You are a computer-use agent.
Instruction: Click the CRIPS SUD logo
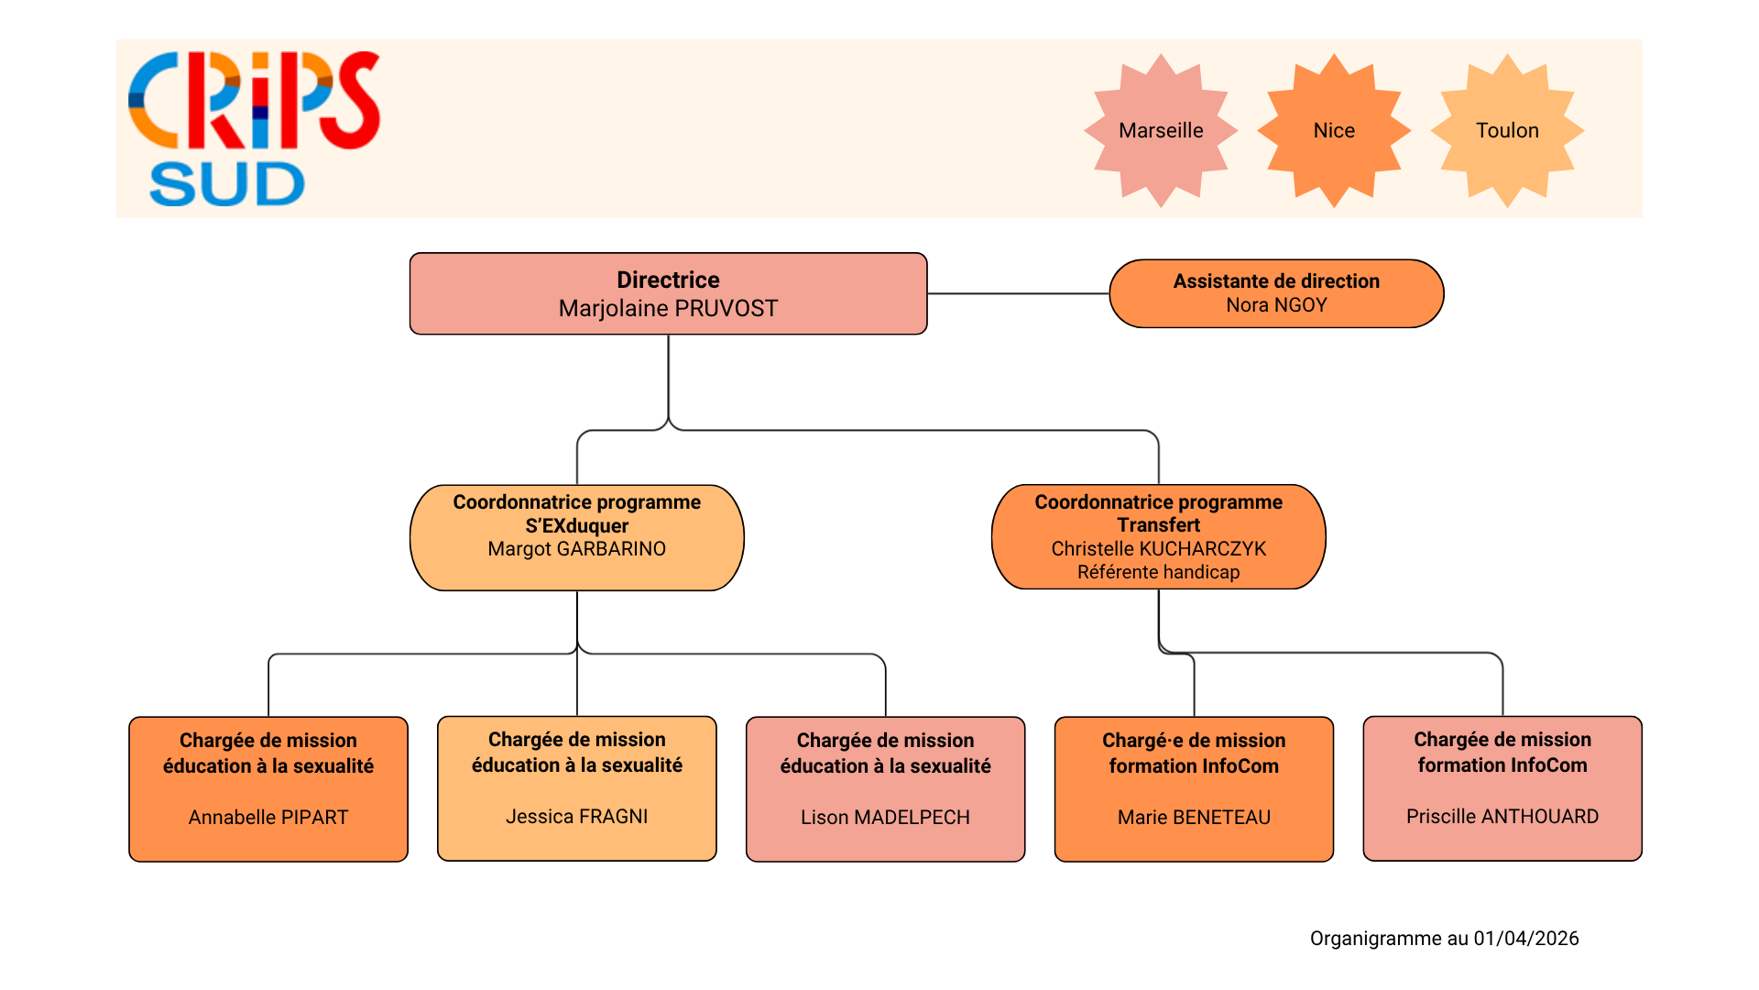click(x=254, y=128)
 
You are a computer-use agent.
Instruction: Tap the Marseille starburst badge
click(x=1161, y=130)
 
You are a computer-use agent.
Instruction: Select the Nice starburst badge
click(x=1334, y=130)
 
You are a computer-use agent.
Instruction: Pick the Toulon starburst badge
click(x=1507, y=130)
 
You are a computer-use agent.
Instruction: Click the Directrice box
click(x=668, y=293)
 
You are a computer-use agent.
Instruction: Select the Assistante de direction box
click(x=1276, y=293)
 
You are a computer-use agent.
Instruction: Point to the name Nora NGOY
click(x=1276, y=305)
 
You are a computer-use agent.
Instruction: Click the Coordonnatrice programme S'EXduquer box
click(x=576, y=537)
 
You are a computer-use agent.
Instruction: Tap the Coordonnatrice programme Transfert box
click(x=1158, y=536)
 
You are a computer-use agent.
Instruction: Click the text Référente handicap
click(x=1158, y=572)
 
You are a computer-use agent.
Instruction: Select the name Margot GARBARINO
click(x=576, y=549)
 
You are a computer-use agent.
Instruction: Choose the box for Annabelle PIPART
click(x=268, y=788)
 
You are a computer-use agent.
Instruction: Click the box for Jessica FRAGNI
click(x=577, y=788)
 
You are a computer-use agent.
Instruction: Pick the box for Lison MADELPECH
click(x=885, y=788)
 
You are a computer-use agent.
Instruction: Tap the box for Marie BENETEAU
click(x=1194, y=788)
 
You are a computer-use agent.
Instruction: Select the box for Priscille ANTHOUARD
click(x=1502, y=788)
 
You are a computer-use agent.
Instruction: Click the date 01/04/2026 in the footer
click(x=1526, y=939)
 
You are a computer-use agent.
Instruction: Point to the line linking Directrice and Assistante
click(x=1018, y=293)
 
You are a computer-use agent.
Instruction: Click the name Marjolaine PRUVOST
click(x=668, y=308)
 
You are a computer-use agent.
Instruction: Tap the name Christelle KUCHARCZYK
click(x=1158, y=549)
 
